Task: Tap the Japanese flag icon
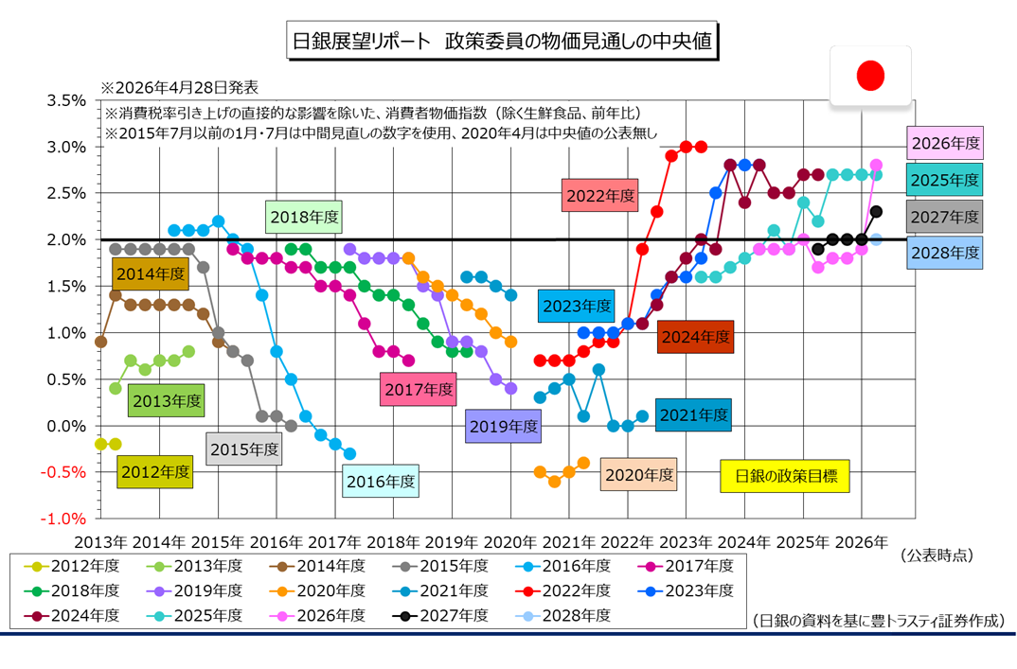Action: coord(869,77)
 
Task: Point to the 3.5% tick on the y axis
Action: coord(66,100)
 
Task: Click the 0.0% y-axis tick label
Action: coord(66,426)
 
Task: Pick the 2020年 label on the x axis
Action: coord(508,543)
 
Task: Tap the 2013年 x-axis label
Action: coord(101,543)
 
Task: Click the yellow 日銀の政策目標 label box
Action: coord(785,476)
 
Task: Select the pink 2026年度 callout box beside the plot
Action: coord(944,145)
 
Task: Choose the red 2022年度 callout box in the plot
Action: coord(599,197)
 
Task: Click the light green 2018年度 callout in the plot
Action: coord(304,217)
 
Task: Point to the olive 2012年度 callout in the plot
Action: coord(155,470)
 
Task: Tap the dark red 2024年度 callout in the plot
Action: coord(696,336)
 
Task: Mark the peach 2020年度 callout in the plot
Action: coord(639,475)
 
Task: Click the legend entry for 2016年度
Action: coord(569,566)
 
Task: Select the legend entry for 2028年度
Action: coord(569,615)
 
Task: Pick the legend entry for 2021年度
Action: coord(446,590)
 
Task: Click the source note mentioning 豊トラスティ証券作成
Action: coord(878,621)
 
